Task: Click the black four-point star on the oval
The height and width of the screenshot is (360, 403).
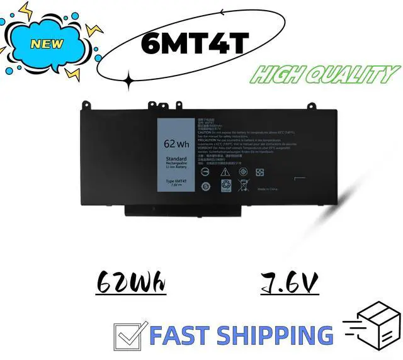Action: click(129, 80)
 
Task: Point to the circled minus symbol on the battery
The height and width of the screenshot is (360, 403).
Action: click(204, 171)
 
